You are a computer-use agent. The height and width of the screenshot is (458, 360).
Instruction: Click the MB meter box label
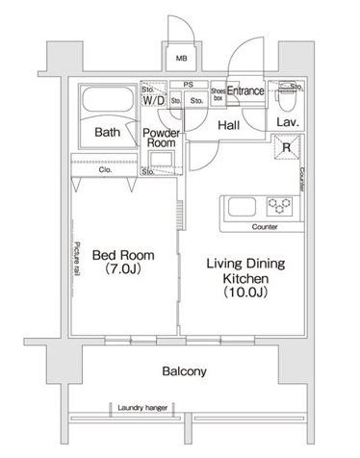[x=182, y=59]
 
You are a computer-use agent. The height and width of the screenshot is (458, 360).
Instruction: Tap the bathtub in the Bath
[x=108, y=99]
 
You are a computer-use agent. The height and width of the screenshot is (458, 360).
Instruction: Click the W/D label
[x=154, y=100]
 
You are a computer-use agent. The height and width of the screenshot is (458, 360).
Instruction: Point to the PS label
[x=189, y=85]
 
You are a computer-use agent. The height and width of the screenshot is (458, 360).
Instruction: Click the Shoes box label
[x=218, y=94]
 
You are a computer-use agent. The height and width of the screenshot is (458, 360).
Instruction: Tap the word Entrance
[x=245, y=90]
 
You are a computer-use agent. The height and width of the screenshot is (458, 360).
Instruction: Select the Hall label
[x=229, y=125]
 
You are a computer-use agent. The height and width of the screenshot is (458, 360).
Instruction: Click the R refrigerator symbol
[x=287, y=147]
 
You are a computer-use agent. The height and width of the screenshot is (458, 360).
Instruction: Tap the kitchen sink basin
[x=242, y=207]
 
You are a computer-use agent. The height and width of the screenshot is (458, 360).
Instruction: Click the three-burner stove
[x=280, y=206]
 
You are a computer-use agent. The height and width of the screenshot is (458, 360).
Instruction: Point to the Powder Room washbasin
[x=162, y=159]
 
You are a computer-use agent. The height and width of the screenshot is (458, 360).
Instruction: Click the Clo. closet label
[x=105, y=169]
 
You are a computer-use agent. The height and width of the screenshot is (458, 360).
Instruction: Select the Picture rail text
[x=77, y=259]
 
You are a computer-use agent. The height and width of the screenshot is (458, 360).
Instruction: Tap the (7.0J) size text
[x=123, y=268]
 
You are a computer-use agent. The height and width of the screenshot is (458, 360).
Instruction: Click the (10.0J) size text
[x=245, y=292]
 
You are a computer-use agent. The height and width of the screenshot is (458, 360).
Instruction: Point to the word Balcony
[x=184, y=371]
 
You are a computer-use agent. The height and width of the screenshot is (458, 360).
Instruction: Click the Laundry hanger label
[x=142, y=408]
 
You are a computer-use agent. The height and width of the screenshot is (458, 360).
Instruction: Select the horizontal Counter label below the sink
[x=265, y=227]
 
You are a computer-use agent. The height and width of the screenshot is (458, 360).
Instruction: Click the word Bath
[x=108, y=132]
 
